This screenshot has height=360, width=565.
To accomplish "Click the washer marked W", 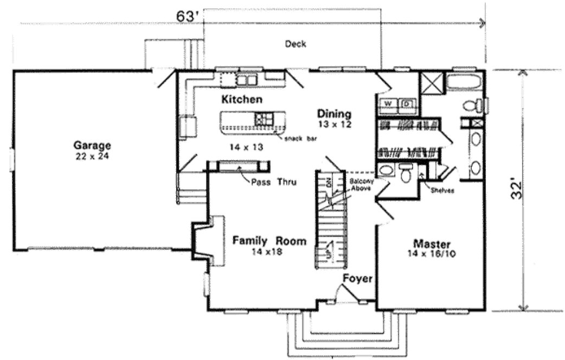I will click(x=388, y=103).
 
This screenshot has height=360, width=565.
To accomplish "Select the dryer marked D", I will click(x=407, y=103).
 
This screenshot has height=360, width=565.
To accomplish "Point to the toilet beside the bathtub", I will click(x=471, y=105).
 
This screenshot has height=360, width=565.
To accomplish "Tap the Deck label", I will click(x=296, y=44).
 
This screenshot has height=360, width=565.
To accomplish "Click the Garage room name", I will click(x=93, y=145).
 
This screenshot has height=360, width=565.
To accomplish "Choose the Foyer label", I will click(x=357, y=279).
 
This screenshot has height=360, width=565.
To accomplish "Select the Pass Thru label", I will click(x=273, y=182).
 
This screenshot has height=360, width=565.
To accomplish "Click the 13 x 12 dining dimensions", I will click(x=335, y=124).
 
